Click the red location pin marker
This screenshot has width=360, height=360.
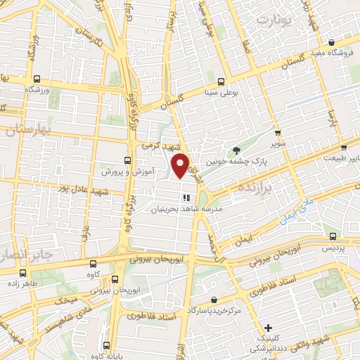(181, 166)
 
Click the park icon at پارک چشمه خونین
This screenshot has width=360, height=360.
(237, 149)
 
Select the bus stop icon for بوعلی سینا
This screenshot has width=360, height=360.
(221, 82)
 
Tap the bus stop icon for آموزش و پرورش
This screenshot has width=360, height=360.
(127, 160)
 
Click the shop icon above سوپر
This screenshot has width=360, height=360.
(278, 132)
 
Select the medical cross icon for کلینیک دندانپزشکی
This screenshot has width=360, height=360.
(268, 327)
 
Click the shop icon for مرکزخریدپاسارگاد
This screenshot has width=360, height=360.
(213, 300)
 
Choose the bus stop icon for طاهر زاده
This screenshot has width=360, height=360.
(23, 272)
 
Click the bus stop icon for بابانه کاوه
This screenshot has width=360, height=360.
(106, 345)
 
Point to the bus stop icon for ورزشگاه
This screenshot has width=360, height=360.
(36, 79)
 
